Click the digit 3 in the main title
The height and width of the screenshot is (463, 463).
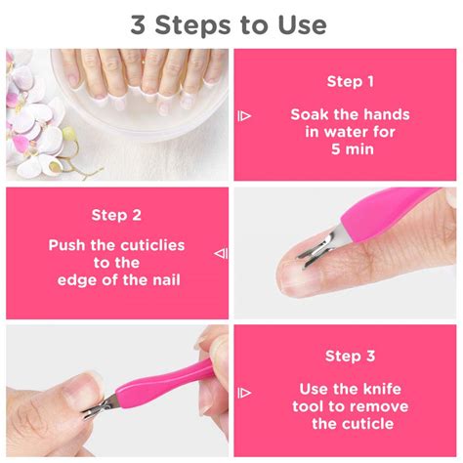138,25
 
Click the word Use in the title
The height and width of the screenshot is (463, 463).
303,25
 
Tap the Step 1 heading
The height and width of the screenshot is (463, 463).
350,81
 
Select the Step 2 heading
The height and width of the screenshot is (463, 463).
116,215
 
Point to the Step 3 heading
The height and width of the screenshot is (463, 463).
350,356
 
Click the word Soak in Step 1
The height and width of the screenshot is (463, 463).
310,114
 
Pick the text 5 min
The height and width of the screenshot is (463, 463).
353,149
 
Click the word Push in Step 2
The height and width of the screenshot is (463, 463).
67,245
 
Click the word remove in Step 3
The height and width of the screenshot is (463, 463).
382,406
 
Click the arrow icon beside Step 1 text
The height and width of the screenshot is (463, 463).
244,115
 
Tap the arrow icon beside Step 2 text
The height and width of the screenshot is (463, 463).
221,253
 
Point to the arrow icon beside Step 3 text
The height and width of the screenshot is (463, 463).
244,393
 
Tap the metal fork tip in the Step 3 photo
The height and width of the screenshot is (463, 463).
97,408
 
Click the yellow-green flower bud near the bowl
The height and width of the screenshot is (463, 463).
68,133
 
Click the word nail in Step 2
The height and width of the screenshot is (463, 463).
166,280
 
